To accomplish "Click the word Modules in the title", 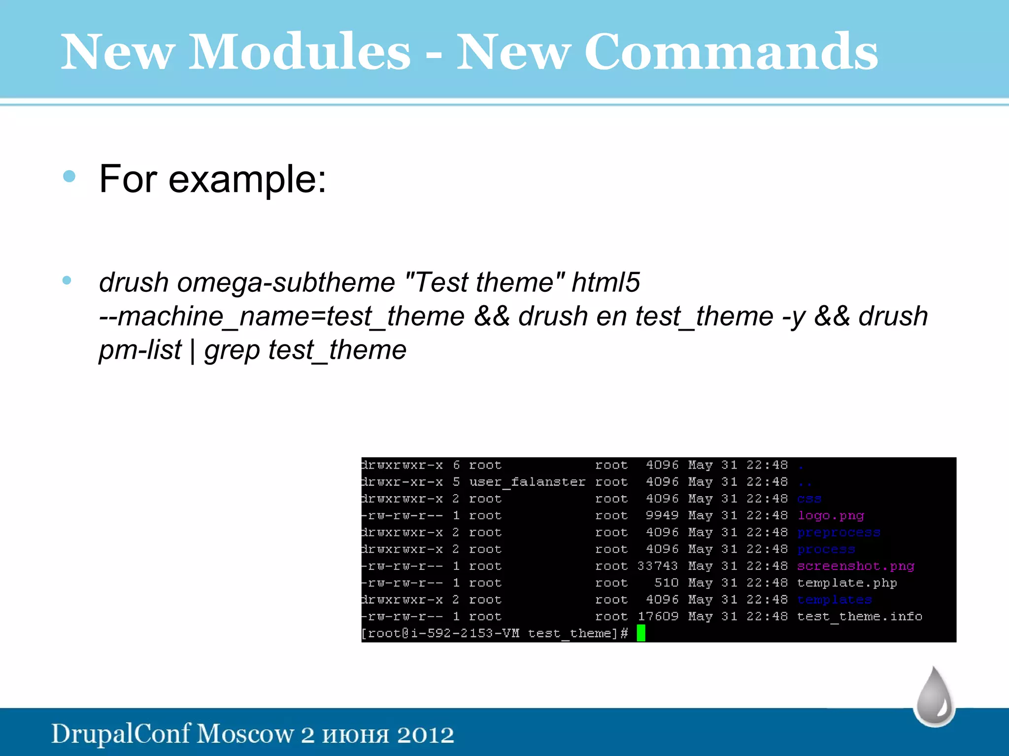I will coord(299,52).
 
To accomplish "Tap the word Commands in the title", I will coord(731,52).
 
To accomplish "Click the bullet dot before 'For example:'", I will coord(69,176).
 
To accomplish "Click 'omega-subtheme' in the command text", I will coord(286,283).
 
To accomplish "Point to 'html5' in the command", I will coord(605,283).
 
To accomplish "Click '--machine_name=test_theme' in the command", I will coord(281,316).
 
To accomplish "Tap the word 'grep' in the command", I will coord(232,351).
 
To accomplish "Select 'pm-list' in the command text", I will coord(140,350).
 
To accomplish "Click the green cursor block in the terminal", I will coord(640,633).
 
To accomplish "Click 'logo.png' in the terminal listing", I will coord(831,515).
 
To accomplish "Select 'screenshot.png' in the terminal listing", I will coord(855,566).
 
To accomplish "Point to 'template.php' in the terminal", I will coord(846,583).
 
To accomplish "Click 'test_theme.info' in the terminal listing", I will coord(859,616).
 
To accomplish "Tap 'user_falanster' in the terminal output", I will coord(527,482).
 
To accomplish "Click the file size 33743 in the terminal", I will coord(657,566).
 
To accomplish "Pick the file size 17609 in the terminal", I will coord(657,616).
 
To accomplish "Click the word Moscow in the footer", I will coord(245,734).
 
